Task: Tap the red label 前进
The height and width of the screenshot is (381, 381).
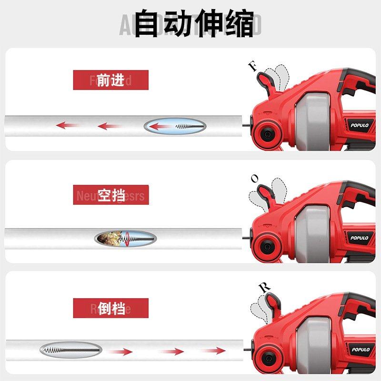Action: click(110, 80)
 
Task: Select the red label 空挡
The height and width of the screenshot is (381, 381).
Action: click(111, 195)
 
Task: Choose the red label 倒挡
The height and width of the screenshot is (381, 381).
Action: click(111, 308)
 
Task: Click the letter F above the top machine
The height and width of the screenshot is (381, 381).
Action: click(253, 66)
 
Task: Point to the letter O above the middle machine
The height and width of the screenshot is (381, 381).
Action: click(255, 179)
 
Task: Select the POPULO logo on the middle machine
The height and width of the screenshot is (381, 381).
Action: click(360, 238)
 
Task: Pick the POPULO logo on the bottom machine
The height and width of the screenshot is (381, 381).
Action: click(361, 350)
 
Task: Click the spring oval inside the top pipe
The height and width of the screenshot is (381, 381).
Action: click(175, 126)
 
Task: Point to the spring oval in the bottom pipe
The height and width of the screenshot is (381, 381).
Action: click(70, 350)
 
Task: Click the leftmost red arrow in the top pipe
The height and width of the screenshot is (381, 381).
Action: click(67, 126)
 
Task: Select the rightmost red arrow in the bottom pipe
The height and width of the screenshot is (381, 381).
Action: click(213, 351)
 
